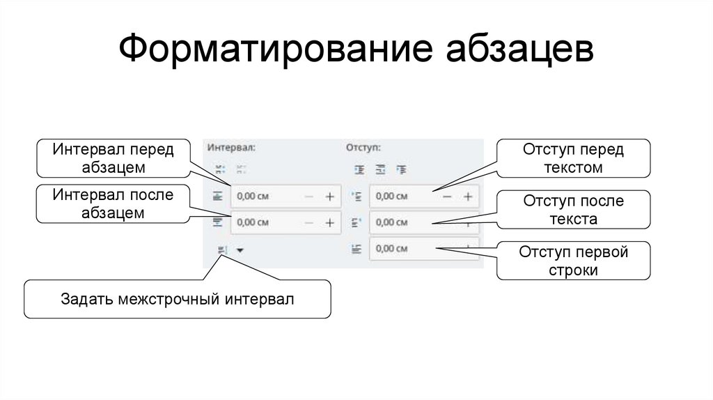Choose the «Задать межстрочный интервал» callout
coord(178,300)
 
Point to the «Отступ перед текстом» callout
coord(573,158)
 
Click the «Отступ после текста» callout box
coord(573,210)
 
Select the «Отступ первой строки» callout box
coord(573,261)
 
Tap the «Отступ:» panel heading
coord(363,148)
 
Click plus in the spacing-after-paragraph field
coord(330,223)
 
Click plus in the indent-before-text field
coord(468,197)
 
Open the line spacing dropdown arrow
coord(240,249)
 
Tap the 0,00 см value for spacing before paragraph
coord(253,197)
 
